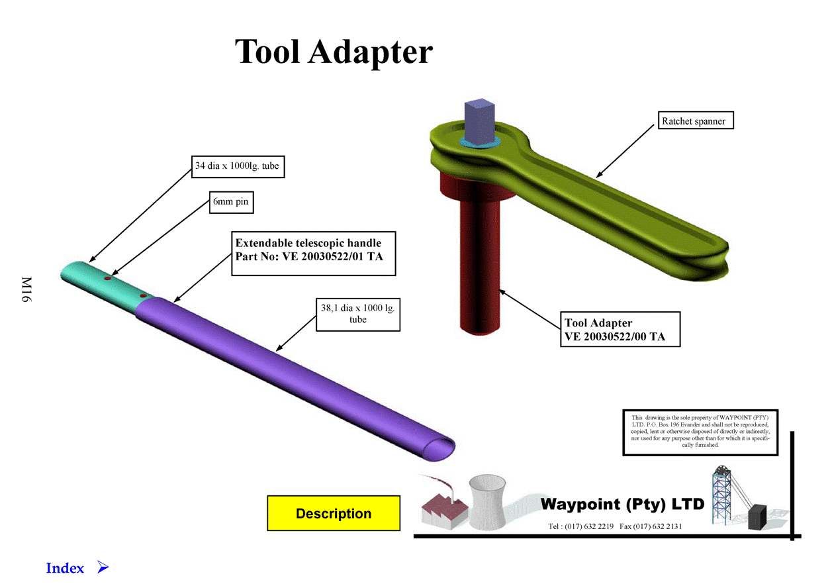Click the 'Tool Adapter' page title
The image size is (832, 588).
tap(334, 51)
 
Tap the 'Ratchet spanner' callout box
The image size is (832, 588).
tap(697, 121)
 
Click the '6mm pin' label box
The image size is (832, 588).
tap(230, 202)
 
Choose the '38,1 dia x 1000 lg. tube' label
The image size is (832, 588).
tap(357, 313)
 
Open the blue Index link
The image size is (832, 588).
tap(65, 568)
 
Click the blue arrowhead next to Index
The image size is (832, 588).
tap(102, 567)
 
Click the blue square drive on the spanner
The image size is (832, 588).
tap(479, 119)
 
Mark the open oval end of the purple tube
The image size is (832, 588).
tap(438, 447)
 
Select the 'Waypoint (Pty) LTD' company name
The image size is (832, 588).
tap(622, 505)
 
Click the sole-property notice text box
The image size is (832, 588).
tap(700, 432)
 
